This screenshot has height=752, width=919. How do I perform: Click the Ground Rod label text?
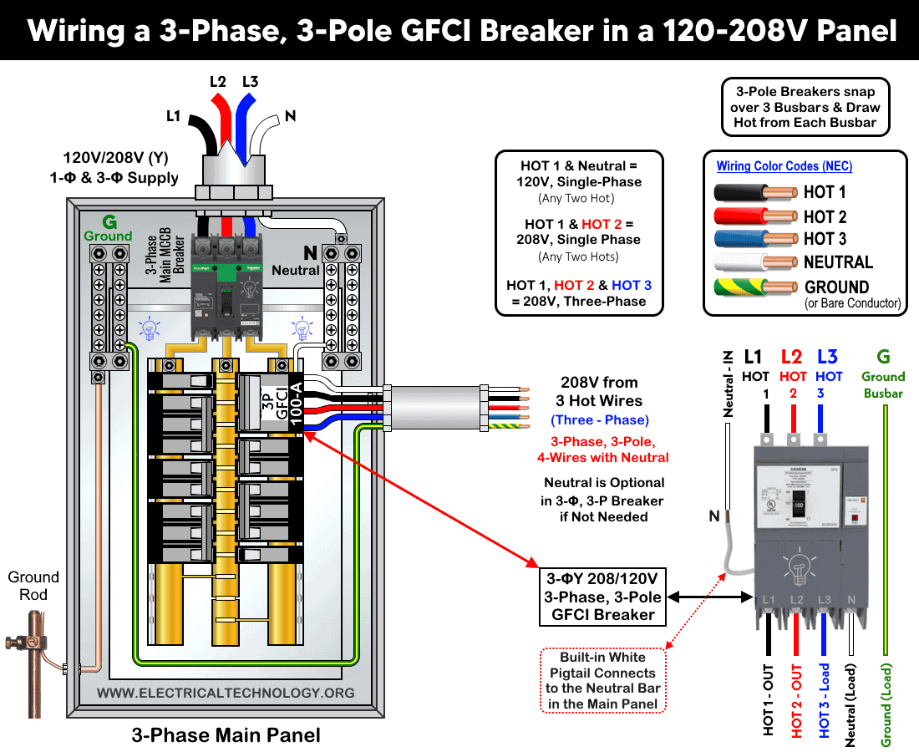tap(33, 586)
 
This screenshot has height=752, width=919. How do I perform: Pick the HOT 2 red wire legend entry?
tap(755, 216)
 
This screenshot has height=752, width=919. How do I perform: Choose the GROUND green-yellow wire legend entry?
tap(755, 287)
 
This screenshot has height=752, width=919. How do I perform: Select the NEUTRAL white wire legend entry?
tap(755, 262)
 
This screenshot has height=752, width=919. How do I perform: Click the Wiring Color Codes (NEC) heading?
tap(784, 166)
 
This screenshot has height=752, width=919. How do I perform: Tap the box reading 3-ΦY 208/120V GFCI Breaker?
tap(603, 597)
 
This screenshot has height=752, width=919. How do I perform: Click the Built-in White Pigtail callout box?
tap(602, 680)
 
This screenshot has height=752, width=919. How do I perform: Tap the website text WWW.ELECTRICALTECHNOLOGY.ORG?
tap(226, 693)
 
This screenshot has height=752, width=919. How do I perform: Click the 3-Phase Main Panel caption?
tap(226, 735)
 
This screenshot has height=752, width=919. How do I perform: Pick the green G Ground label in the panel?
tap(108, 227)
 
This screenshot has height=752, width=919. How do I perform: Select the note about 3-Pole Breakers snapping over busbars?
tap(806, 107)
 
